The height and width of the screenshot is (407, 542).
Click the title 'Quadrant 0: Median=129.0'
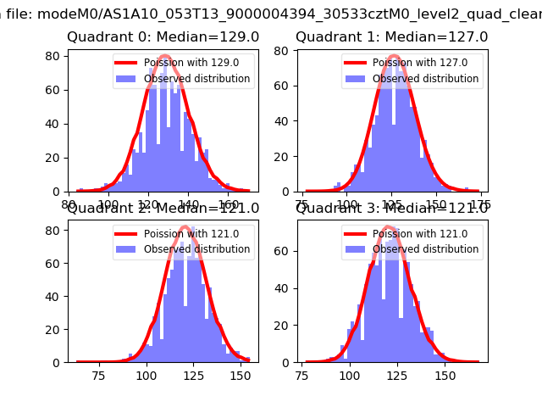pos(163,37)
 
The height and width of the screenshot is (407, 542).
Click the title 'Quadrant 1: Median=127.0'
pos(392,37)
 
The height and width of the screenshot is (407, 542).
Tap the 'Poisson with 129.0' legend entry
pos(186,62)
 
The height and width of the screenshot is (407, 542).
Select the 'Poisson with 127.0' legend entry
pos(415,62)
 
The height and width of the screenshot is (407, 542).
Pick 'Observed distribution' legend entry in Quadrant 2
pos(197,249)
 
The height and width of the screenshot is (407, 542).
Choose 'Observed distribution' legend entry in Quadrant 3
pos(426,249)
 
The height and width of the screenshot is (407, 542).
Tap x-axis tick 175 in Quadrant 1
pos(481,204)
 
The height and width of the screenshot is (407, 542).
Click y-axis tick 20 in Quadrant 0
pos(57,158)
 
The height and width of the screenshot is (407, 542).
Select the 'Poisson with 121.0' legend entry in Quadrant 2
pos(186,234)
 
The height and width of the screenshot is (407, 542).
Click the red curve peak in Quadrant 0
pos(164,57)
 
